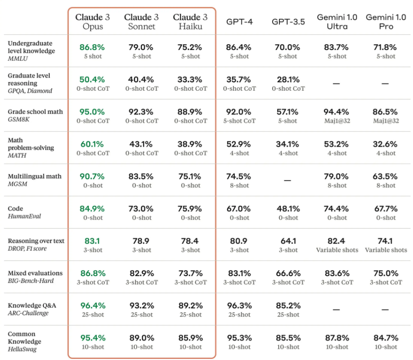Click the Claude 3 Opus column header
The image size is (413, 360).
tap(92, 22)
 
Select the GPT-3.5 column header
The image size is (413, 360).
tap(288, 22)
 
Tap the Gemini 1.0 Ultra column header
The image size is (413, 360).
tap(337, 22)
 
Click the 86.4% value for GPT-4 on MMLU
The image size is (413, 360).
tap(239, 48)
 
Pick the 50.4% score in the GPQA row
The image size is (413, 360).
tap(92, 79)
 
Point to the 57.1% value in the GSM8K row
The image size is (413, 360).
tap(287, 112)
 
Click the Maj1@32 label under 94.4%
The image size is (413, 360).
tap(337, 121)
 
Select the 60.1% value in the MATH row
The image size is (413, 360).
tap(92, 144)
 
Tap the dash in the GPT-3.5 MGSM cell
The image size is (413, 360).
tap(287, 180)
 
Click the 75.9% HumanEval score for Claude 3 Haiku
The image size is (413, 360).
tap(190, 209)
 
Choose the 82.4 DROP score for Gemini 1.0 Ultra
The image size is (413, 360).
tap(336, 241)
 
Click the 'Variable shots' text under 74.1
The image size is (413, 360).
tap(386, 250)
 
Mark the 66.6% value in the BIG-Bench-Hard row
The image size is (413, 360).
tap(288, 273)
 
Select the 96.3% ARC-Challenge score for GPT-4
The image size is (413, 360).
tap(240, 306)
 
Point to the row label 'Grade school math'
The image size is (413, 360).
tap(35, 112)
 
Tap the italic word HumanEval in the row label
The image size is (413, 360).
tap(24, 216)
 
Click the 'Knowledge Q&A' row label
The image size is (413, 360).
tap(32, 306)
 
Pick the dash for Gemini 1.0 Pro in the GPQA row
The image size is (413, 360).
tap(385, 83)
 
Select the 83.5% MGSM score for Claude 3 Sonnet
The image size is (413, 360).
tap(141, 177)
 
